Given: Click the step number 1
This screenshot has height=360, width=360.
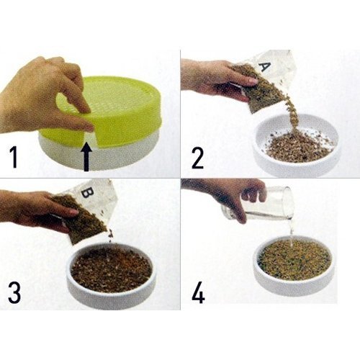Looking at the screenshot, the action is [14, 158].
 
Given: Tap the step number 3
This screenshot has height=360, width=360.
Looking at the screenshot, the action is [14, 292].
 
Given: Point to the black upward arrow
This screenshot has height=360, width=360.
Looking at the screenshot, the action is [86, 157].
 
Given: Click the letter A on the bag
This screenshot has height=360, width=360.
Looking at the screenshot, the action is [265, 66].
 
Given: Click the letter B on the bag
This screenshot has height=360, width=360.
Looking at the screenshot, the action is [86, 193].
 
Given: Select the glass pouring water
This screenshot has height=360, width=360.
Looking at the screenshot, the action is [259, 203].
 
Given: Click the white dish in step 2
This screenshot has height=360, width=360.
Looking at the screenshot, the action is [297, 142].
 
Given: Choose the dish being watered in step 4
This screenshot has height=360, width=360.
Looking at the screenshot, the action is [296, 262].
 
